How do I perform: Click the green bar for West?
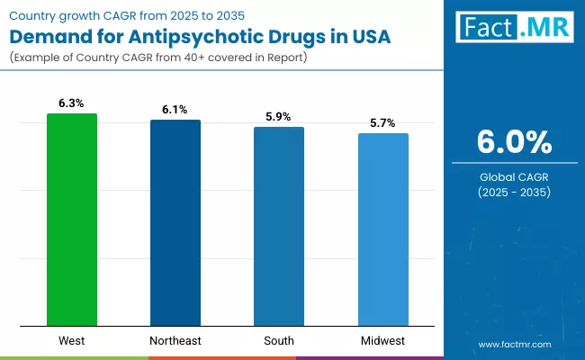pyautogui.click(x=72, y=220)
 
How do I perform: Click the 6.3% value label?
pyautogui.click(x=72, y=103)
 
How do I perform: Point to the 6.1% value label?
pyautogui.click(x=175, y=110)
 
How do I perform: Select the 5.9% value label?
pyautogui.click(x=279, y=117)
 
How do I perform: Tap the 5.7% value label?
pyautogui.click(x=382, y=123)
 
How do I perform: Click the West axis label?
pyautogui.click(x=72, y=341)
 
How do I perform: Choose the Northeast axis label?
pyautogui.click(x=175, y=341)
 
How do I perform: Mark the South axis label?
pyautogui.click(x=279, y=341)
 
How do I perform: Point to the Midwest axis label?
pyautogui.click(x=382, y=341)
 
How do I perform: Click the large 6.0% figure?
pyautogui.click(x=514, y=142)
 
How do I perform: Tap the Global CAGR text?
pyautogui.click(x=514, y=177)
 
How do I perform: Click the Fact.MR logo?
pyautogui.click(x=514, y=28)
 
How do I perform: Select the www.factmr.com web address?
pyautogui.click(x=514, y=345)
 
